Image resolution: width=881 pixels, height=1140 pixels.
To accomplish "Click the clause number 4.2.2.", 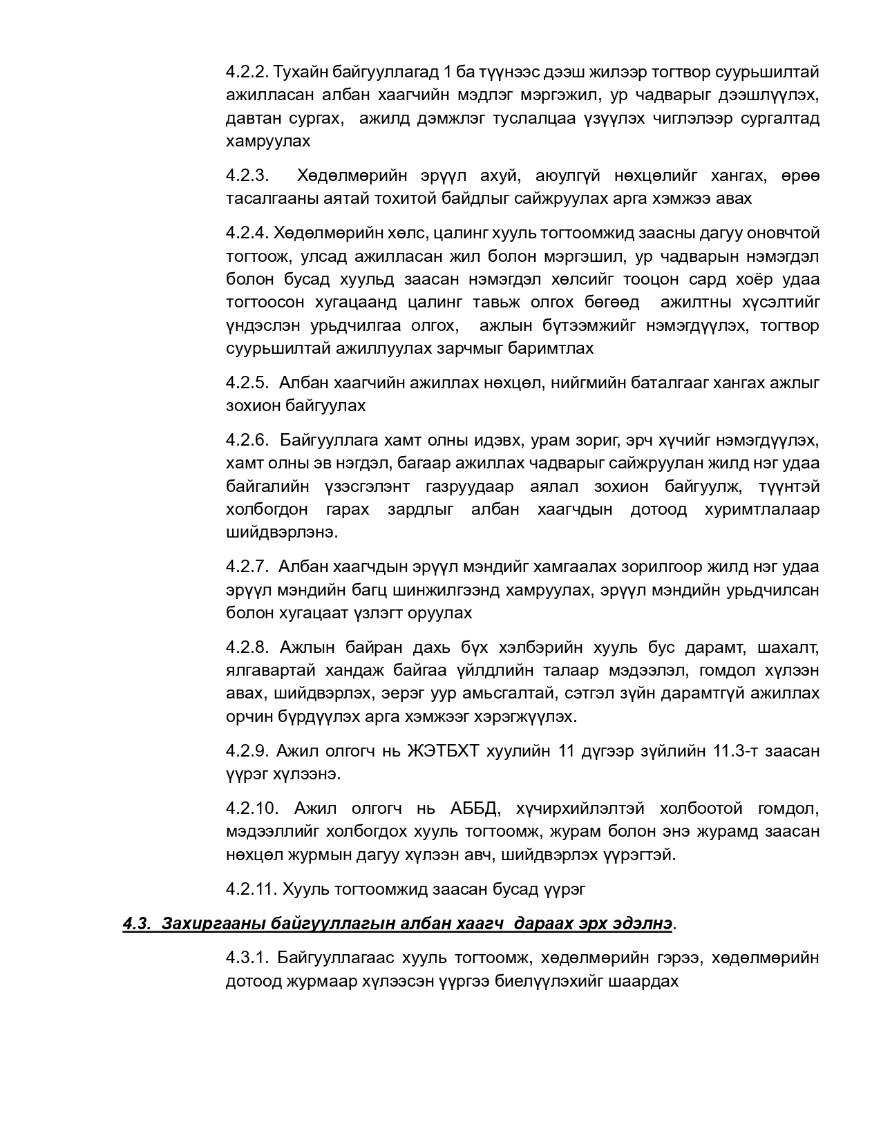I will [247, 72].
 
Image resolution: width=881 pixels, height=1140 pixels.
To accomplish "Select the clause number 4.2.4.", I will [247, 234].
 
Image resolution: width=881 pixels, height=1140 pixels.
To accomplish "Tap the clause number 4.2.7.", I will [247, 567].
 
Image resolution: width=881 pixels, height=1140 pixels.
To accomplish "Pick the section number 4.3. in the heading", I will [137, 924].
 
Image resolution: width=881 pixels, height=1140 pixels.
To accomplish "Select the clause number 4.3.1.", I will [247, 958].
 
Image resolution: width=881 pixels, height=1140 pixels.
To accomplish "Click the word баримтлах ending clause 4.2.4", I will [551, 348].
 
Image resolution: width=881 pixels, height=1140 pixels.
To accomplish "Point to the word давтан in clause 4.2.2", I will [249, 118].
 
